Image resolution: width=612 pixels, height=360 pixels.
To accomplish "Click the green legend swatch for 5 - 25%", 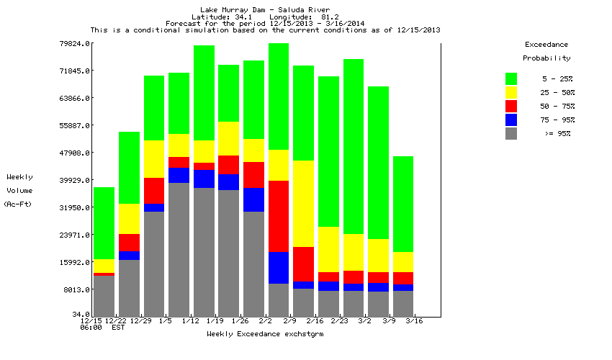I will (511, 78).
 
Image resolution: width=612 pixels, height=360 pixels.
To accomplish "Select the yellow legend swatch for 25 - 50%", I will (511, 92).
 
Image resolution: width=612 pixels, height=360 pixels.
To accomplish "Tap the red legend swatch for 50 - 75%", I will (511, 106).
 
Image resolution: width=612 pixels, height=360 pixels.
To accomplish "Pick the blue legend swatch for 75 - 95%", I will (511, 120).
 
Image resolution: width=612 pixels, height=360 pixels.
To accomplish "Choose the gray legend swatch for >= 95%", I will (511, 133).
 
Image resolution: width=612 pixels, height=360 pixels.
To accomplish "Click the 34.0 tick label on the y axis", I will (79, 315).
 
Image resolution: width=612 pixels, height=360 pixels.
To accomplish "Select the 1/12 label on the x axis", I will (190, 321).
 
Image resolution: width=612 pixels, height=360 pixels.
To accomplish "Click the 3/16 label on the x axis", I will (415, 321).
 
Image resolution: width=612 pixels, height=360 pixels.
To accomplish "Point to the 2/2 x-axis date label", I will (265, 321).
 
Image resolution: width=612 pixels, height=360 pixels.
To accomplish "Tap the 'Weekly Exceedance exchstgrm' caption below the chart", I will (264, 335).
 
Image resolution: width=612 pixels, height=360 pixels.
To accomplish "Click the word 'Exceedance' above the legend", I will (546, 45).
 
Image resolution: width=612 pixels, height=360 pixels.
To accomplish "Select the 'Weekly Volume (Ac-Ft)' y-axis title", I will (19, 191).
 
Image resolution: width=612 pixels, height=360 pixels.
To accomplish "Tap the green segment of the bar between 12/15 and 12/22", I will (104, 223).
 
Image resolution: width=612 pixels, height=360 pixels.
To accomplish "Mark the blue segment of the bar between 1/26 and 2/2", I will (253, 199).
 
